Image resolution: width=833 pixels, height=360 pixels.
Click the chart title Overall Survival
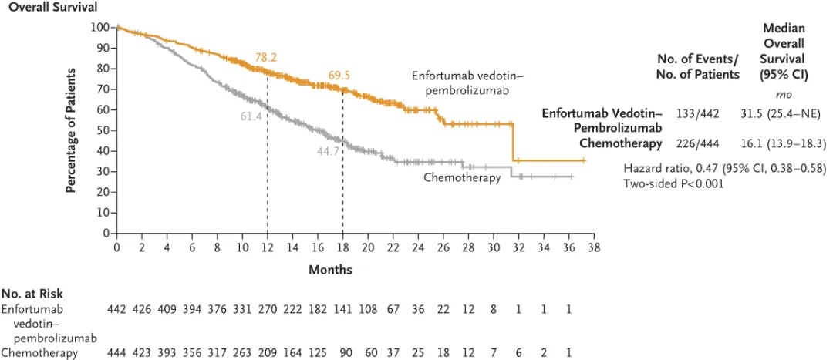pos(48,8)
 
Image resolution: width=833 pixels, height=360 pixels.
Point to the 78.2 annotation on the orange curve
pos(266,58)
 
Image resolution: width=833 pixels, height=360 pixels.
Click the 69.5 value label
pos(339,76)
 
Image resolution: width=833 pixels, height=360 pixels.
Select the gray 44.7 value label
pos(328,150)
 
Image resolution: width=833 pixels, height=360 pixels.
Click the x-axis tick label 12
pos(267,247)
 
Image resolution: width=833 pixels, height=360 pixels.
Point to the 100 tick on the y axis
pos(99,28)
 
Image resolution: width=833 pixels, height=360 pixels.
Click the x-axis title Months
pos(330,270)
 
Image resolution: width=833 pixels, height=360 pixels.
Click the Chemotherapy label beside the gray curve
pos(461,178)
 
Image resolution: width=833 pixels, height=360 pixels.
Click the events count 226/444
pos(697,143)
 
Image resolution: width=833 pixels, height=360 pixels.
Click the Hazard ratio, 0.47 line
pos(724,168)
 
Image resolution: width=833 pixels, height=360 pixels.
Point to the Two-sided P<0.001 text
pos(673,183)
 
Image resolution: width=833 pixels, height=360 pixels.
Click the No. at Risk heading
pos(32,294)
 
